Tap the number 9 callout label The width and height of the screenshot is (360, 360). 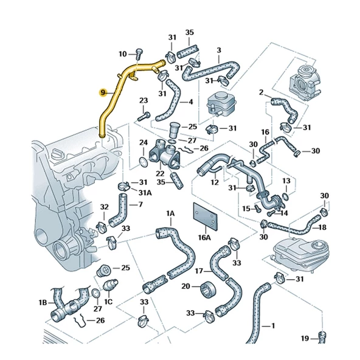tap(103, 93)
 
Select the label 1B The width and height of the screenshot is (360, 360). tap(43, 302)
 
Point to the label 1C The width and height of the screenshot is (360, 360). tap(108, 301)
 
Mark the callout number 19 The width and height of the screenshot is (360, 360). tap(304, 337)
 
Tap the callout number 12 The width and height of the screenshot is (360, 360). tap(215, 181)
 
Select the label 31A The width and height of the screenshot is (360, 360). tap(145, 192)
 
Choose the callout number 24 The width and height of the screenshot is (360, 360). tap(144, 143)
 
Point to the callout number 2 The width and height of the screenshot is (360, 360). tap(261, 92)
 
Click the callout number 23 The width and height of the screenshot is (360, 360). tap(144, 100)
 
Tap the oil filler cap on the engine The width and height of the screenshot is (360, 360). tap(60, 152)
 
